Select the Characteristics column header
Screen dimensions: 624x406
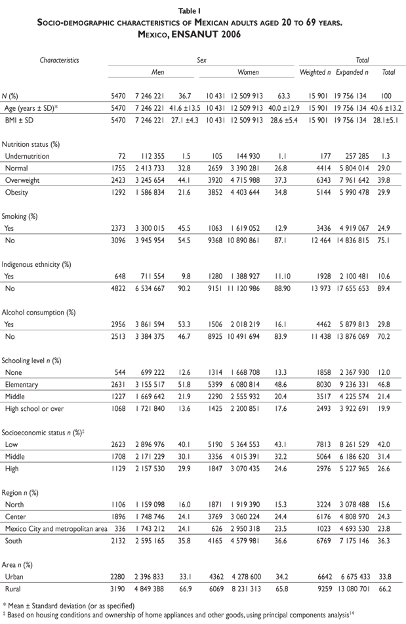[x=60, y=60]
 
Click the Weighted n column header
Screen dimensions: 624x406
[x=315, y=72]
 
